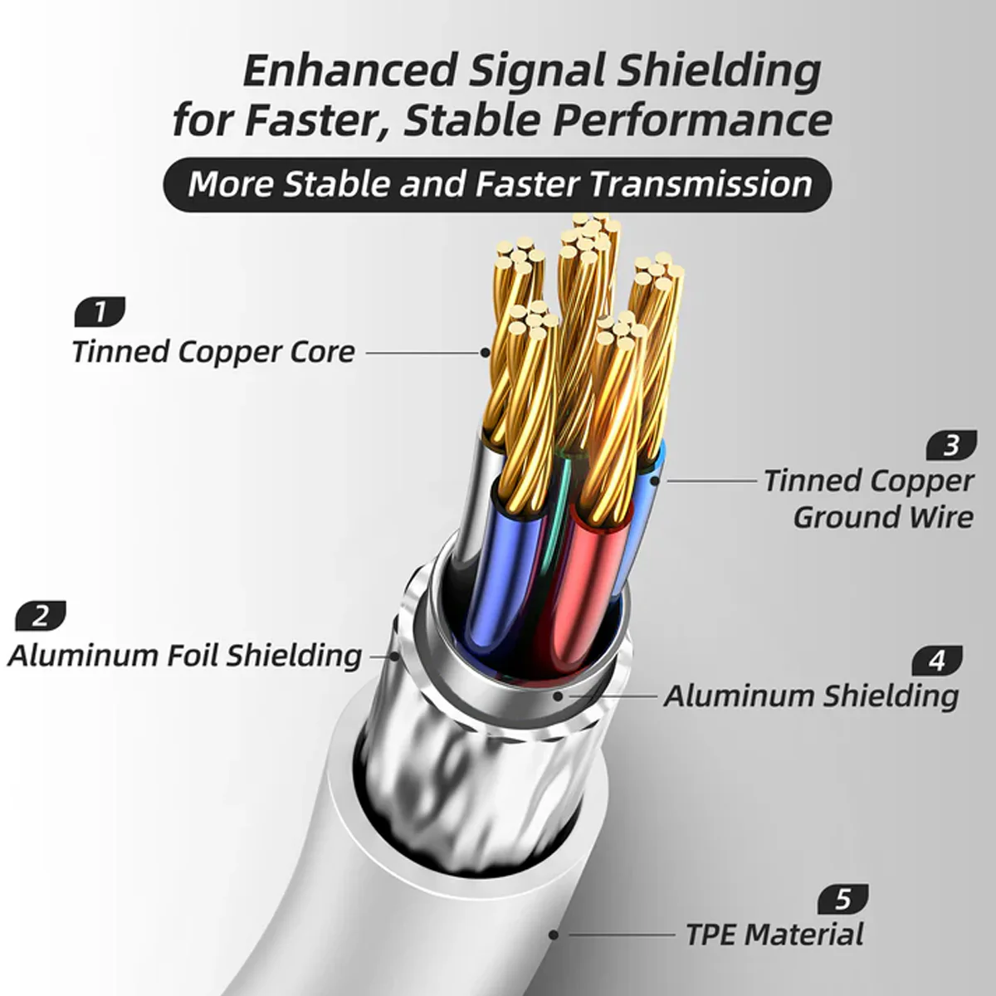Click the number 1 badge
(x=100, y=312)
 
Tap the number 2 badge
(x=41, y=615)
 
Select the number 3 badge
(x=951, y=445)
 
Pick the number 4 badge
(x=937, y=661)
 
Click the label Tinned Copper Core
(x=213, y=352)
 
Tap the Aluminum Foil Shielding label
(x=184, y=657)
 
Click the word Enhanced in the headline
(x=350, y=71)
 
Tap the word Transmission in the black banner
(x=701, y=184)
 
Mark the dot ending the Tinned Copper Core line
(x=485, y=353)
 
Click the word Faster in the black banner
(x=527, y=184)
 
